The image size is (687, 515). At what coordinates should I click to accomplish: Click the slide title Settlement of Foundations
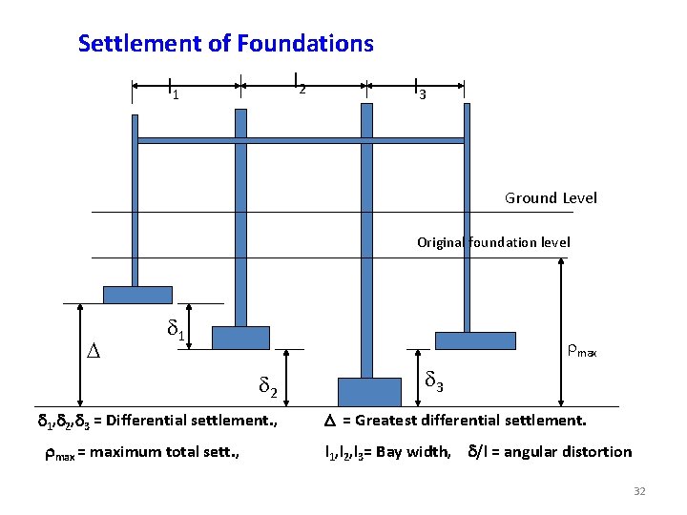pos(225,44)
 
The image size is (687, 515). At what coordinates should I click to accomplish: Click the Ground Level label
pos(551,198)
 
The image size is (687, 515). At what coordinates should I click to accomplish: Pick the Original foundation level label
pos(493,242)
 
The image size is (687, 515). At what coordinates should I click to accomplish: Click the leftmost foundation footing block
pos(137,295)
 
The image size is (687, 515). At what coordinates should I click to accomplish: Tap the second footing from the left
pos(240,338)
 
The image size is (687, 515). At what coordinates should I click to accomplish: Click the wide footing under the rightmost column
pos(474,340)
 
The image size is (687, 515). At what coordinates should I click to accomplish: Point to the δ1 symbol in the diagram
pos(175,330)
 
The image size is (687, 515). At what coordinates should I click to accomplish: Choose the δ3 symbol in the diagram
pos(434,383)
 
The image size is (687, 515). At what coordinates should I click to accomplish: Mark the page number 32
pos(639,491)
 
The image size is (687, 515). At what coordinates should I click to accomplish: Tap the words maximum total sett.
pos(163,452)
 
